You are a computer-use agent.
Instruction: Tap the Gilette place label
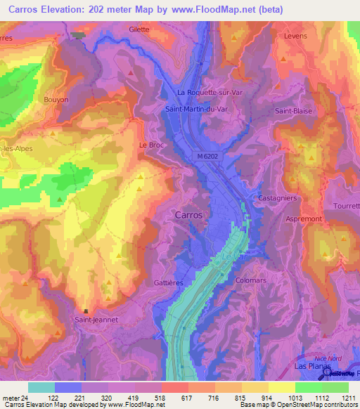pos(141,30)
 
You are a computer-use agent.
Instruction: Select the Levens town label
pos(296,35)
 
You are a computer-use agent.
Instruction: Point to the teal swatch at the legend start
pos(41,387)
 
